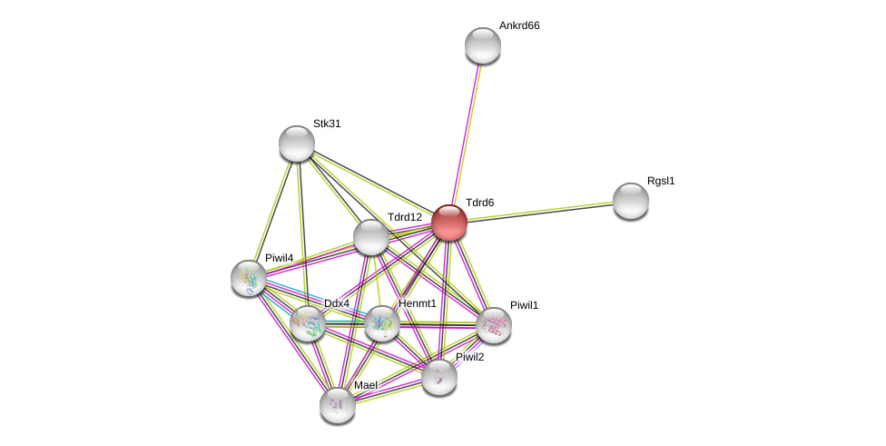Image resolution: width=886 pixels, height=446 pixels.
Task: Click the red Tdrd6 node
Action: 448,223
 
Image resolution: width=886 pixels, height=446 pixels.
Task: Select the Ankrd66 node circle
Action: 482,45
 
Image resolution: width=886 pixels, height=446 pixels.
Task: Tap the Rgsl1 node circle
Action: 630,201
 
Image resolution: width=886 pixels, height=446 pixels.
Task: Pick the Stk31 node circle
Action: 296,144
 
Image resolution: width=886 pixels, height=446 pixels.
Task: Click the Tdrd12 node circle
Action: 370,237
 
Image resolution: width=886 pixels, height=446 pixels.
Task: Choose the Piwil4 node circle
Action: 248,278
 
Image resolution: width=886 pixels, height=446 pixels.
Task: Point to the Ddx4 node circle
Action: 308,323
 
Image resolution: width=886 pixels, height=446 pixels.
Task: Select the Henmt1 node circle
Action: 381,323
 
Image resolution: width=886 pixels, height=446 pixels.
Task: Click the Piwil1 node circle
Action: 493,325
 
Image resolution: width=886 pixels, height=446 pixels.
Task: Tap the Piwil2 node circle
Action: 438,377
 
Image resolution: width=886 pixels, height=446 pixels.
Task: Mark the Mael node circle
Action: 337,405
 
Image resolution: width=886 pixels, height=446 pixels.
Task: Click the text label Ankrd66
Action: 519,25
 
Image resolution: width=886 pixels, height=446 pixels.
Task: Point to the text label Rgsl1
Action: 661,181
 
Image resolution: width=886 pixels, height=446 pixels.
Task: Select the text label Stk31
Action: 327,124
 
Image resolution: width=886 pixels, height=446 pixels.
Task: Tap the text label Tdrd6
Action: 479,203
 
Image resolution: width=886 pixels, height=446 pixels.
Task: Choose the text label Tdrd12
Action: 404,217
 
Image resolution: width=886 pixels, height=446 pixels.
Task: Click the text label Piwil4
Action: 279,258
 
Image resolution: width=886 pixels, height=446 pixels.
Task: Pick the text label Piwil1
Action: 524,305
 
